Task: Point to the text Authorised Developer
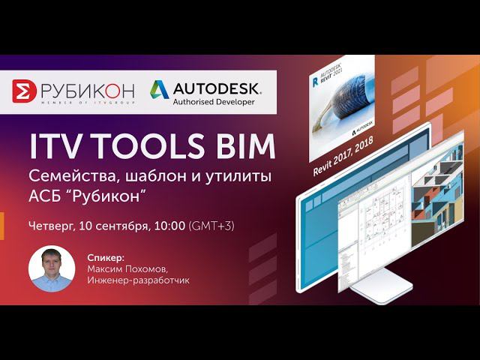click(214, 102)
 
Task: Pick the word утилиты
click(234, 178)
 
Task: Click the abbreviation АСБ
click(46, 199)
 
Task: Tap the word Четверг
click(50, 225)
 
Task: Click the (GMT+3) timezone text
click(213, 225)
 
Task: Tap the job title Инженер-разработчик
click(138, 280)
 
